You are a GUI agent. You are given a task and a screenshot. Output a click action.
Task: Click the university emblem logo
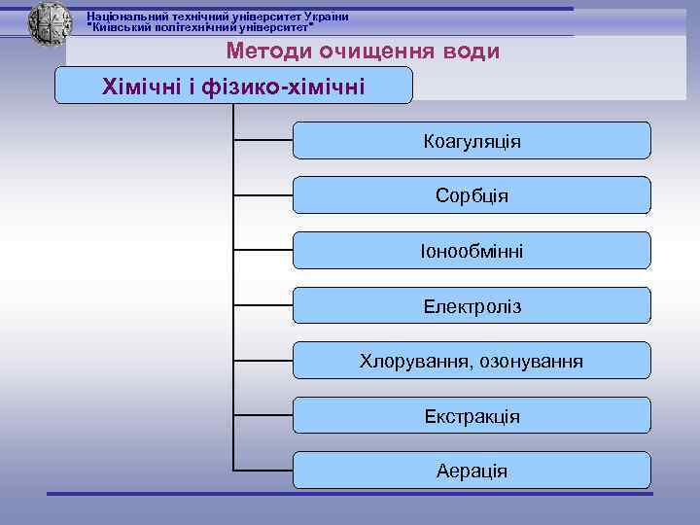[x=50, y=22]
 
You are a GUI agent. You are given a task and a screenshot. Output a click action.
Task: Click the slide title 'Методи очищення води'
[x=363, y=51]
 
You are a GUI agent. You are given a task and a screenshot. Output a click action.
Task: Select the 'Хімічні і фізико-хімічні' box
[x=233, y=87]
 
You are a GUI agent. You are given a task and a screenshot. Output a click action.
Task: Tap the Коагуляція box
[x=472, y=141]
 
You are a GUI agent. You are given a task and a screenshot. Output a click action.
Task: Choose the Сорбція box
[x=472, y=195]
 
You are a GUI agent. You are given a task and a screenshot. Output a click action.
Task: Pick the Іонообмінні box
[x=472, y=251]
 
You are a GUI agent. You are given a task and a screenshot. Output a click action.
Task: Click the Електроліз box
[x=472, y=306]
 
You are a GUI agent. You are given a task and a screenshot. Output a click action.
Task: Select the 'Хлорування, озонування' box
[x=472, y=362]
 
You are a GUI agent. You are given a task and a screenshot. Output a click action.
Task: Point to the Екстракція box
[x=472, y=416]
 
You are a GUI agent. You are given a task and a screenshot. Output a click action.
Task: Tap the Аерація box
[x=472, y=471]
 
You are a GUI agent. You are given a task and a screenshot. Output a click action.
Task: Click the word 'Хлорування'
[x=415, y=362]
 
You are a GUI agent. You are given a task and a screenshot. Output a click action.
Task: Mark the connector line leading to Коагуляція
[x=262, y=140]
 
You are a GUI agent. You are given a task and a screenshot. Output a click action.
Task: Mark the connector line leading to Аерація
[x=262, y=471]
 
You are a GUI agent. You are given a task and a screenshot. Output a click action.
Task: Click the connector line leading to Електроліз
[x=262, y=305]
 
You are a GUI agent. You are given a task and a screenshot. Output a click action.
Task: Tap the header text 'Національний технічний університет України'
[x=218, y=17]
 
